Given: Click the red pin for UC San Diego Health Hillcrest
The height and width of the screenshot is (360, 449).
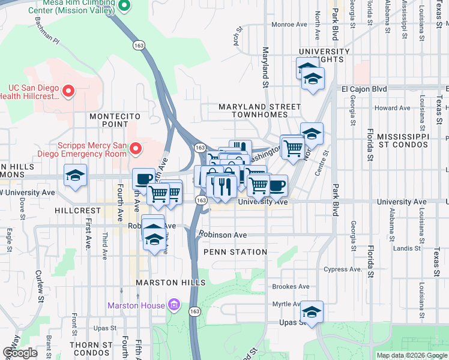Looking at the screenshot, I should click(x=68, y=91).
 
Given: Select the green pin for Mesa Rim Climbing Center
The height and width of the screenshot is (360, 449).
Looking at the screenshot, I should click(x=124, y=6).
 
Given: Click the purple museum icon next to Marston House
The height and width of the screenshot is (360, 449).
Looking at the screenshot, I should click(x=175, y=305).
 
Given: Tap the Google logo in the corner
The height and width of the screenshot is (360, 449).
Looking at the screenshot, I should click(x=20, y=353).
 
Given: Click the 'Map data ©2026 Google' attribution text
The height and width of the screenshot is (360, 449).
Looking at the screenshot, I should click(x=412, y=355).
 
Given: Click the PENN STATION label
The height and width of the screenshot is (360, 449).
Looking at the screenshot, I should click(x=235, y=252).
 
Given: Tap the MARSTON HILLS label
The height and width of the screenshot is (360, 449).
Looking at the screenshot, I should click(x=170, y=282).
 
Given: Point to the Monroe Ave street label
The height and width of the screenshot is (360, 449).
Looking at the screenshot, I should click(x=289, y=25).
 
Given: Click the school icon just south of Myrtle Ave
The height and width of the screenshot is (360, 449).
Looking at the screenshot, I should click(x=312, y=312).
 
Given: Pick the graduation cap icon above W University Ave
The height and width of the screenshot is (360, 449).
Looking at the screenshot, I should click(x=75, y=176).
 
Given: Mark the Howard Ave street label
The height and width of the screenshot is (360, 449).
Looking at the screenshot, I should click(x=392, y=108).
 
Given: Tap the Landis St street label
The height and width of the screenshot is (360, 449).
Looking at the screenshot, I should click(x=406, y=248).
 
